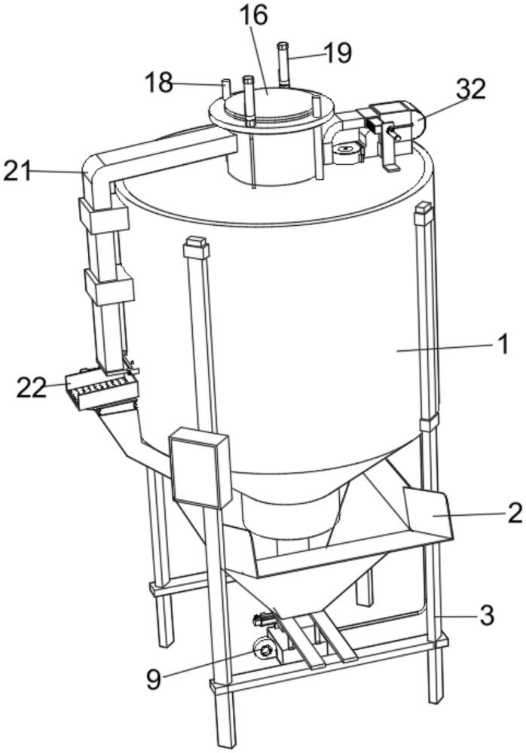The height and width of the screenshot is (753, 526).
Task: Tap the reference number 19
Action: pos(338,52)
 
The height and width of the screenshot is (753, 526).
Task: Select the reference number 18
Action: pos(159,82)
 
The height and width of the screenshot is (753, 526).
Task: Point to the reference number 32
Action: pos(471,90)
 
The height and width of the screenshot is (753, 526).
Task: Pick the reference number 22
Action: pos(32,387)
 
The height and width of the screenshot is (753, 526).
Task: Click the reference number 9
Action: pos(154,679)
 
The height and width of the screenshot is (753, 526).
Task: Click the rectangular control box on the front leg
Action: pos(200,468)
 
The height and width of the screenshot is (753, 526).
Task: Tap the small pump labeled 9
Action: pos(265,648)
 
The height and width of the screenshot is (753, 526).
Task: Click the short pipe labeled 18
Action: pos(224,89)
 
